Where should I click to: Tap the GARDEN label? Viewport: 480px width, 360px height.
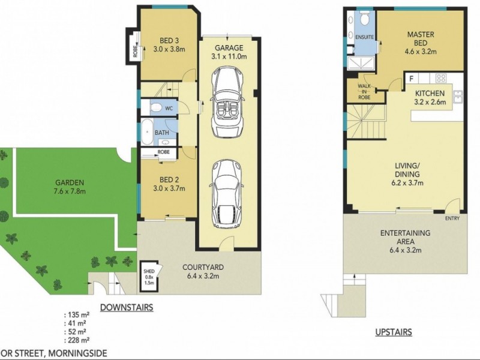point(70,182)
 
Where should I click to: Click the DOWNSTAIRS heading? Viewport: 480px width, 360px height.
point(126,308)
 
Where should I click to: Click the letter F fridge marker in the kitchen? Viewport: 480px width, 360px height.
point(412,79)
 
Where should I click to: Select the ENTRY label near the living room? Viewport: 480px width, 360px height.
point(452,218)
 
